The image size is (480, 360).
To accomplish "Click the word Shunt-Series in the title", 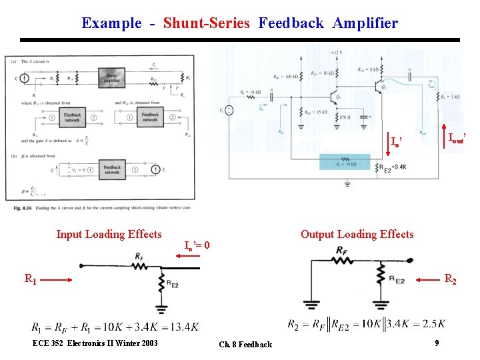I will [206, 23].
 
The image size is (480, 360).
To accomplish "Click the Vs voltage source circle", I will [229, 111].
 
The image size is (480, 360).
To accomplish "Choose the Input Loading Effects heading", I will [109, 234].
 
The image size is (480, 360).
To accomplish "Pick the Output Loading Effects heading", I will [357, 234].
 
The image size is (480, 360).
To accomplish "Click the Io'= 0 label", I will [197, 245].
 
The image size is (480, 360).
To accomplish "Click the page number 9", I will [436, 343].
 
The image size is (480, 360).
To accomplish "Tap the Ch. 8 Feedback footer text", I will [245, 345].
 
